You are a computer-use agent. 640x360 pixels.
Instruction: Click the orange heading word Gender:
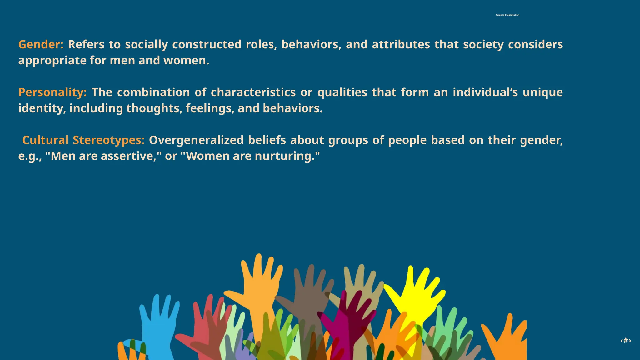[x=41, y=45]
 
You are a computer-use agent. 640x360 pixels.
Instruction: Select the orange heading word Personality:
[x=52, y=92]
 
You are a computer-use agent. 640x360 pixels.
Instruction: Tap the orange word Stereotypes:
[x=108, y=140]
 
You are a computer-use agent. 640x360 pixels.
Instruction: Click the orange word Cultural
[x=45, y=140]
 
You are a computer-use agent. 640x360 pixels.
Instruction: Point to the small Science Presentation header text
[x=507, y=15]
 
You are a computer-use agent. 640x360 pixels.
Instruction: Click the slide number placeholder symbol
[x=626, y=341]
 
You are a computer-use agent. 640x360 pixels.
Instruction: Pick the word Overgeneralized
[x=196, y=140]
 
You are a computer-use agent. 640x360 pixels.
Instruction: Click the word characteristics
[x=253, y=92]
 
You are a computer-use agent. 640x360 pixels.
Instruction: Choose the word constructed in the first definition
[x=207, y=45]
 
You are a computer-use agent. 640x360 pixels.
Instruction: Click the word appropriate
[x=52, y=61]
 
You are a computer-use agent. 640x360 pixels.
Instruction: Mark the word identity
[x=41, y=108]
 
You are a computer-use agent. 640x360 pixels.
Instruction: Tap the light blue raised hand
[x=158, y=322]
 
